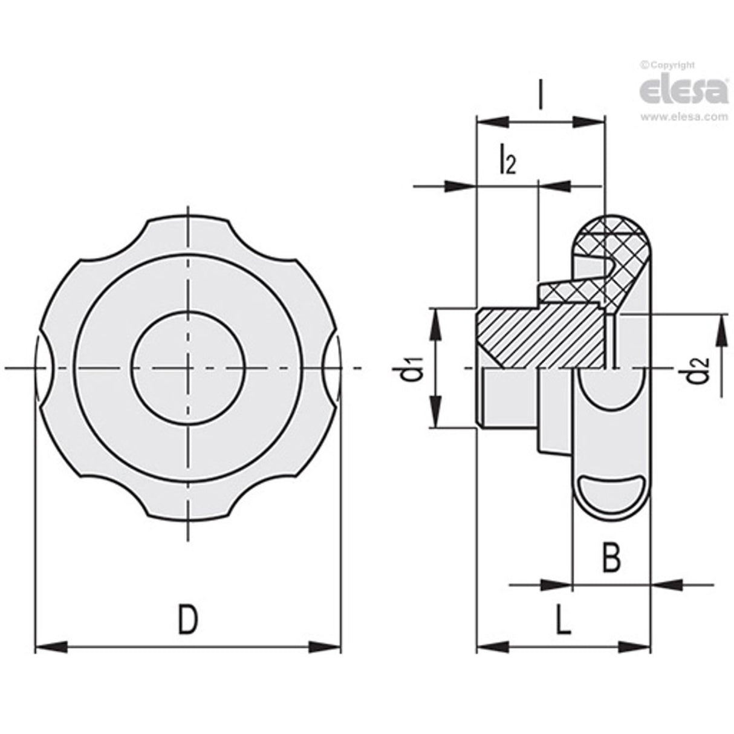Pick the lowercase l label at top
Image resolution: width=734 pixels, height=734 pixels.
tap(541, 97)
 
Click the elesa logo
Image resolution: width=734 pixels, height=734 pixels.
tap(683, 90)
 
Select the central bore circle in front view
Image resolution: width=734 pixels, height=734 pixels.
tap(188, 368)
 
